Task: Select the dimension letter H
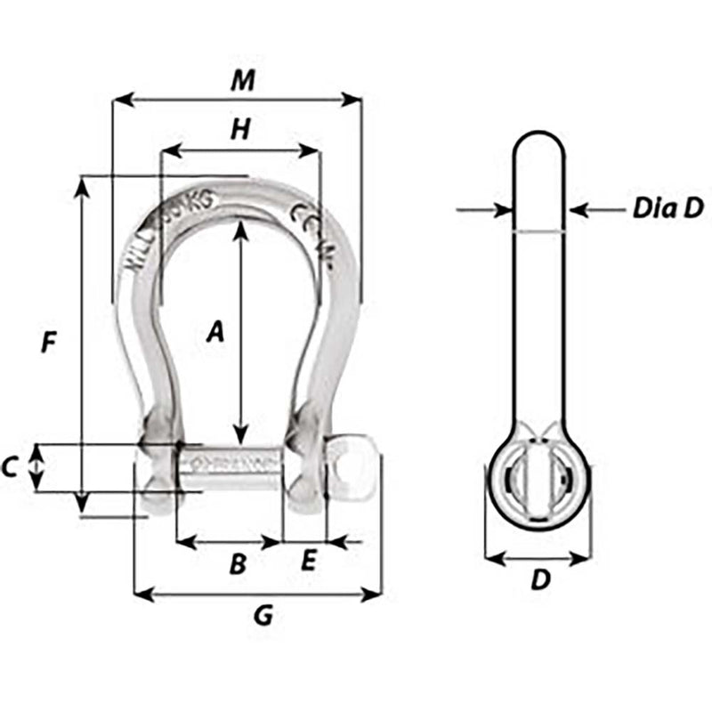(239, 130)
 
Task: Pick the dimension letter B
(238, 563)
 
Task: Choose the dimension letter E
(308, 562)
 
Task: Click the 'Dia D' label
(668, 209)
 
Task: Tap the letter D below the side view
(540, 580)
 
